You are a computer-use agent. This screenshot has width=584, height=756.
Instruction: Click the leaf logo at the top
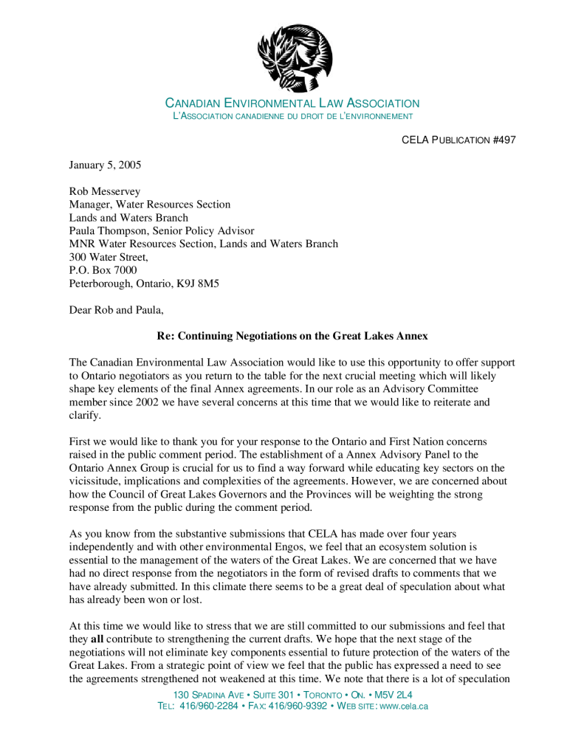tap(295, 57)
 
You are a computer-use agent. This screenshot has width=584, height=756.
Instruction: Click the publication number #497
tap(504, 140)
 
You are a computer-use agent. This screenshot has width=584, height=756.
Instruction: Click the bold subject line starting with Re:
tap(292, 336)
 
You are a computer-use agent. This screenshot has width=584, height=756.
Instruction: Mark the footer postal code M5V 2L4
tap(394, 695)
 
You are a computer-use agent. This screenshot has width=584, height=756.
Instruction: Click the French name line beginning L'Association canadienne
tap(292, 117)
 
